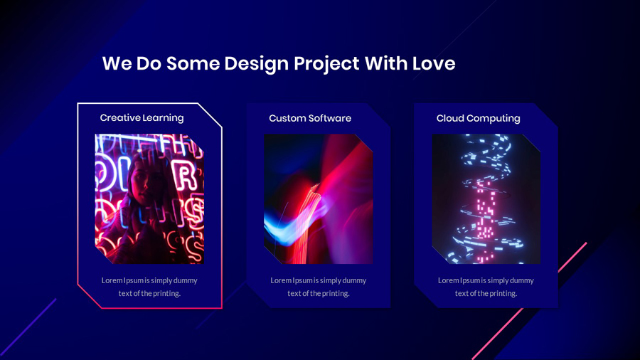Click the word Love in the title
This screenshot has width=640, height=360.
tap(434, 63)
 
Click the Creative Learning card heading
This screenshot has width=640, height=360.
tap(142, 118)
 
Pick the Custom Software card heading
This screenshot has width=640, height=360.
tap(310, 118)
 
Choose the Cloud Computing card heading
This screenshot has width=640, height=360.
tap(478, 118)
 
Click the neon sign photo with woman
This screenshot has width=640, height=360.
tap(149, 199)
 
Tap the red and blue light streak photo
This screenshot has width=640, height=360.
tap(319, 199)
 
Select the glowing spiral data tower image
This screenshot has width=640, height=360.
tap(486, 199)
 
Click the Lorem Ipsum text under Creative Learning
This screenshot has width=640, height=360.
tap(149, 287)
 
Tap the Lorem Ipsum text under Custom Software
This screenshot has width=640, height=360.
tap(319, 287)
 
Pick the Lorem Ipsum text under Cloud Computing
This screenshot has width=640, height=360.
tap(486, 287)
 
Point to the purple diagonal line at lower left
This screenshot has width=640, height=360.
tap(28, 327)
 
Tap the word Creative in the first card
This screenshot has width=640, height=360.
tap(119, 118)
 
